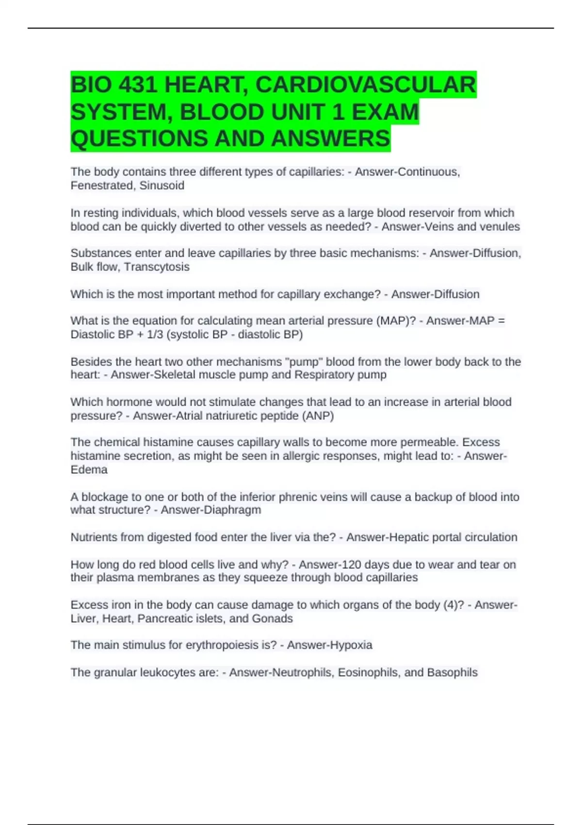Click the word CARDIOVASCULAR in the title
(x=365, y=85)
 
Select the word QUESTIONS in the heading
(x=139, y=138)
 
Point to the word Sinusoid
(x=162, y=185)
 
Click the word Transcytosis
(x=157, y=267)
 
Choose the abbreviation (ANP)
(x=318, y=416)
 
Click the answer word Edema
(x=89, y=470)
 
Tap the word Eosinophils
(x=369, y=673)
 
